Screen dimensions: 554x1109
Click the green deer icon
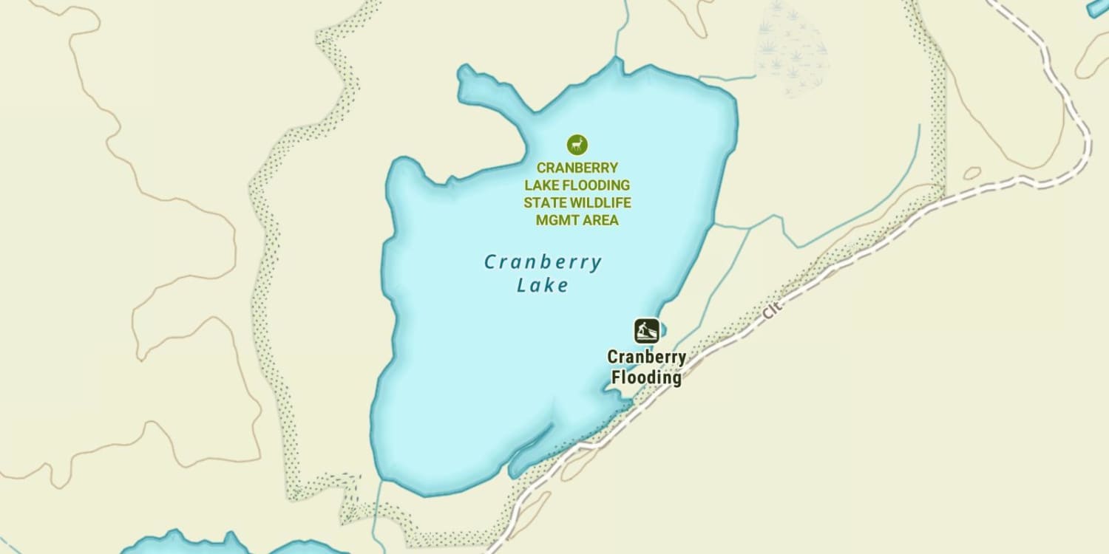click(577, 144)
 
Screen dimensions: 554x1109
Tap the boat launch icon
click(646, 330)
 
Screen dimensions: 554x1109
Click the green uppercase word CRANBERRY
click(577, 168)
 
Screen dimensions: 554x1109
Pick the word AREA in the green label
click(600, 220)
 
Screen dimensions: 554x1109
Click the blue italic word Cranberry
click(543, 262)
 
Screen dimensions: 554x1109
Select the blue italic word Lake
click(543, 285)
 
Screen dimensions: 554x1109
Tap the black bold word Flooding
click(646, 377)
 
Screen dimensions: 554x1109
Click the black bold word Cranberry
click(646, 358)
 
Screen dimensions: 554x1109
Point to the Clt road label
click(772, 311)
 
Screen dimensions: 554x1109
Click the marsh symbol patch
click(791, 48)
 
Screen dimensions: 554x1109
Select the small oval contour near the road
click(972, 174)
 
